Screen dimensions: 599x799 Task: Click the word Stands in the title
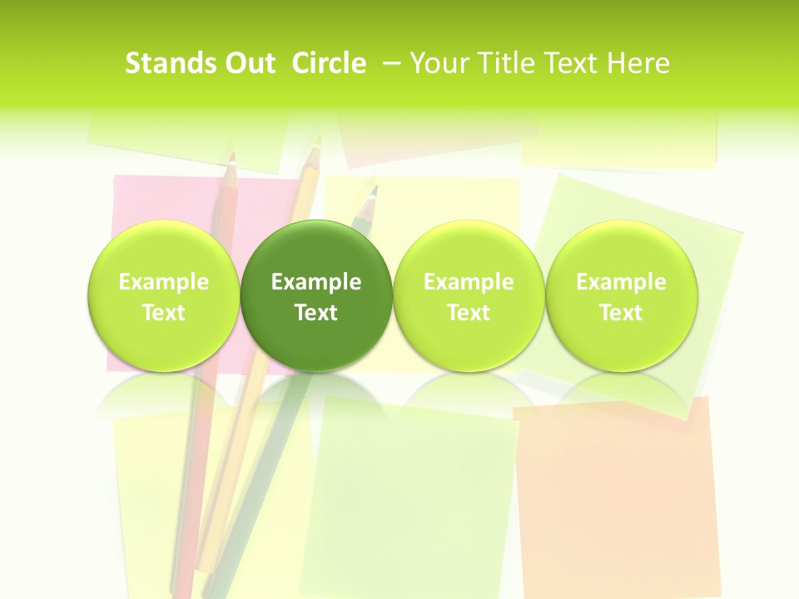point(166,63)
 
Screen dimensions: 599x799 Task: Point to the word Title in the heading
point(509,63)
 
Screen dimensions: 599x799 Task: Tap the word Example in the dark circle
point(316,282)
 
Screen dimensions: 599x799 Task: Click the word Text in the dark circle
point(316,313)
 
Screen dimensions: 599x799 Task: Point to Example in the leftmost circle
point(163,282)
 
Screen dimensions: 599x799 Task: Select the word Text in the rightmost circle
point(622,313)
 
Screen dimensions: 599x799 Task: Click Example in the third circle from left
point(469,282)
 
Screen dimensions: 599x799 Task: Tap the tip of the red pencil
point(233,156)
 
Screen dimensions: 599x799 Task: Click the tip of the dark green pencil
point(374,190)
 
